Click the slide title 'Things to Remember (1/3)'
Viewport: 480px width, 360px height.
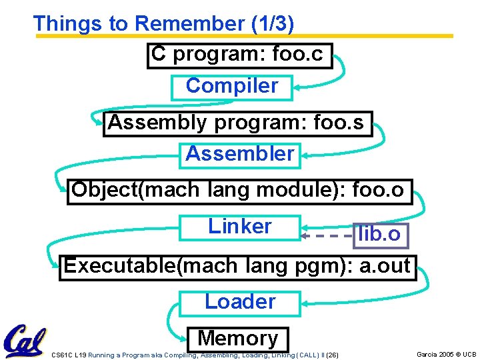(163, 23)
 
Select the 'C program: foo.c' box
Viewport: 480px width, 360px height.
(239, 55)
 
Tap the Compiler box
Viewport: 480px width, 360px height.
(231, 87)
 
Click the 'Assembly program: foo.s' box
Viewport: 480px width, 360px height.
(237, 123)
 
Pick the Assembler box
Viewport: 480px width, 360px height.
(240, 155)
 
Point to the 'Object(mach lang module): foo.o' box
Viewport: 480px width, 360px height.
(239, 191)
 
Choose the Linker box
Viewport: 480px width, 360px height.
(240, 227)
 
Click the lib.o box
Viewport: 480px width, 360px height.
(379, 235)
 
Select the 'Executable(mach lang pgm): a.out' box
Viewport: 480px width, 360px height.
(237, 267)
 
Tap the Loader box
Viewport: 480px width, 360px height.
(240, 302)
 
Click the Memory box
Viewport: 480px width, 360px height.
(238, 339)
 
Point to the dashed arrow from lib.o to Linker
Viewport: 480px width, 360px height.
(327, 235)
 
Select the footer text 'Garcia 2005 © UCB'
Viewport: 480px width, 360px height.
(446, 355)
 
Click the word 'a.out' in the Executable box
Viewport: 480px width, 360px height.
(385, 267)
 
